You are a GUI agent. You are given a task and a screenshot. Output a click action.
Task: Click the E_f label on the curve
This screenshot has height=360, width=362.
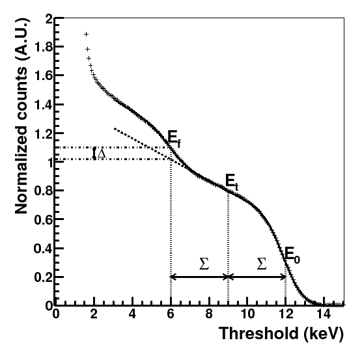(174, 137)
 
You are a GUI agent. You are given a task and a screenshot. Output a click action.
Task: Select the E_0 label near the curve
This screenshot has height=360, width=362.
(291, 254)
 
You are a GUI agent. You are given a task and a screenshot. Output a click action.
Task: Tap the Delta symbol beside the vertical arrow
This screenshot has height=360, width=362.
(102, 154)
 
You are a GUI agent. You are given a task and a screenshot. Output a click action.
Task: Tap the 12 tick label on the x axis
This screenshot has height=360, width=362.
(286, 314)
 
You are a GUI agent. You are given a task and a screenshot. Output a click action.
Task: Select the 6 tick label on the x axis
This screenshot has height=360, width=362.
(171, 314)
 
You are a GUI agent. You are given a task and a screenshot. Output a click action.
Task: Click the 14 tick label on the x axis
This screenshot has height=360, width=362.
(324, 314)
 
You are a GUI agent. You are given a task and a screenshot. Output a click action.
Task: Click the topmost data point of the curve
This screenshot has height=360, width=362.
(86, 34)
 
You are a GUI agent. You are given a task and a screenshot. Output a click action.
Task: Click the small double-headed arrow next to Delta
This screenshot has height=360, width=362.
(94, 154)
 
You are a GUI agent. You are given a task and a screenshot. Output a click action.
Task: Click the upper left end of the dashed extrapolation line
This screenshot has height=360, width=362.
(115, 129)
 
